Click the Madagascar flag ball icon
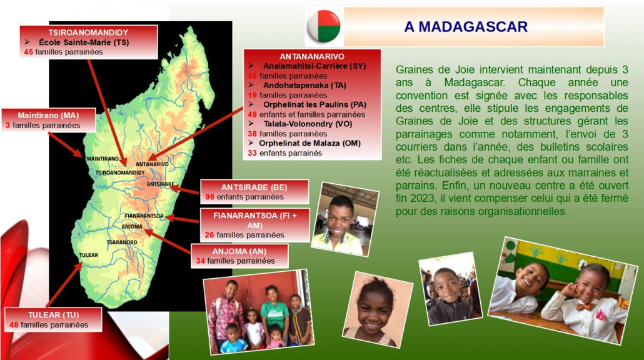pyautogui.click(x=324, y=26)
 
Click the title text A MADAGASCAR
pyautogui.click(x=466, y=27)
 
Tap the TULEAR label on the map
pyautogui.click(x=88, y=255)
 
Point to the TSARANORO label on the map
pyautogui.click(x=122, y=242)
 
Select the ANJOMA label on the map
pyautogui.click(x=132, y=226)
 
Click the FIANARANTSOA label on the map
pyautogui.click(x=144, y=216)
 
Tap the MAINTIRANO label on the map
pyautogui.click(x=103, y=159)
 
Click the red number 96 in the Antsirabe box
pyautogui.click(x=209, y=197)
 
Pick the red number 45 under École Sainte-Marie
pyautogui.click(x=28, y=52)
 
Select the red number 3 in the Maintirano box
pyautogui.click(x=8, y=126)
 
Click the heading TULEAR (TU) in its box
pyautogui.click(x=53, y=315)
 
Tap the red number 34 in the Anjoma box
pyautogui.click(x=200, y=261)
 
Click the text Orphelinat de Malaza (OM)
pyautogui.click(x=309, y=143)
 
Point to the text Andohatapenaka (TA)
pyautogui.click(x=304, y=86)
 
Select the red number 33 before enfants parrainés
pyautogui.click(x=252, y=153)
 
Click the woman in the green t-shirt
pyautogui.click(x=273, y=312)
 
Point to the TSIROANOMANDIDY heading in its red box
pyautogui.click(x=88, y=32)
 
